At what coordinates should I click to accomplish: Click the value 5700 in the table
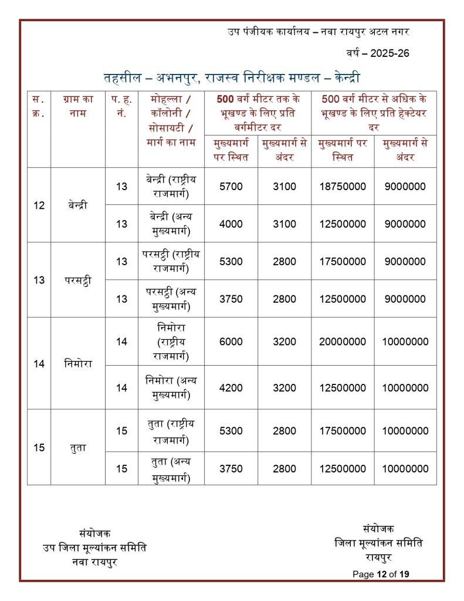coord(231,186)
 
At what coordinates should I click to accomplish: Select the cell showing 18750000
coord(343,186)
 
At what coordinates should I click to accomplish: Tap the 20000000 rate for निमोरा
coord(343,342)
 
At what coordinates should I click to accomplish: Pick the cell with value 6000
coord(231,342)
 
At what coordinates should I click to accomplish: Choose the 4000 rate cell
coord(231,224)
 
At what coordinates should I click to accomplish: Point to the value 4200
coord(231,387)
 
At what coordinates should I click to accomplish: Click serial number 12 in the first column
coord(39,205)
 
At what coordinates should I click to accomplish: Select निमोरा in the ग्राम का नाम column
coord(77,364)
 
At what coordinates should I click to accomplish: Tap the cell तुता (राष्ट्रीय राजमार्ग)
coord(171,431)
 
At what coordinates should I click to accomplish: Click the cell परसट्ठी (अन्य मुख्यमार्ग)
coord(171,299)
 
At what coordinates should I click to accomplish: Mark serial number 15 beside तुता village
coord(39,448)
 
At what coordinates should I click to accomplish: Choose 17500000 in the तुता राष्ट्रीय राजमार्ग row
coord(343,431)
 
